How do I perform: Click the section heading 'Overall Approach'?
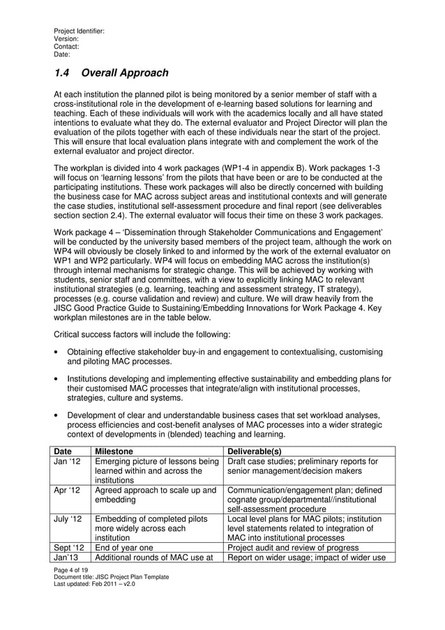[125, 73]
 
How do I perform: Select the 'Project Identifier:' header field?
[79, 31]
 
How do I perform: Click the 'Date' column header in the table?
[63, 451]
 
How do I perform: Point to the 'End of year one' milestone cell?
[125, 547]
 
